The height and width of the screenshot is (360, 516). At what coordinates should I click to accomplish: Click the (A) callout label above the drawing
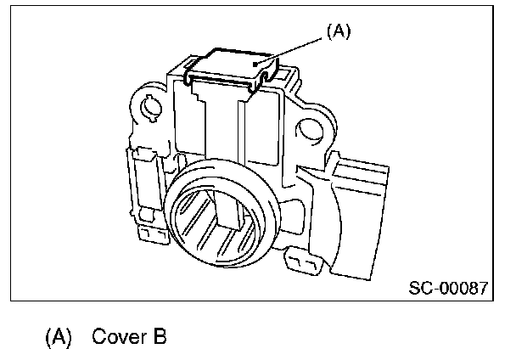point(337,31)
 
